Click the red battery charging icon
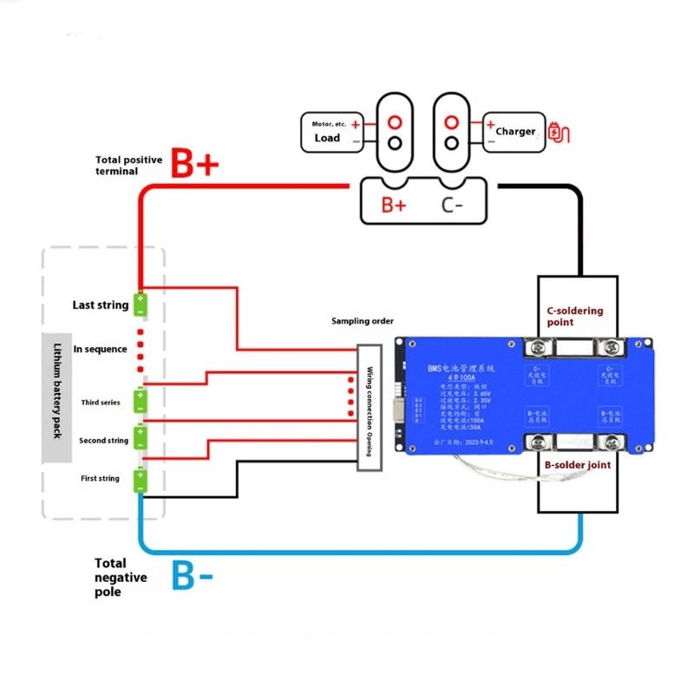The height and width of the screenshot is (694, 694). point(561,133)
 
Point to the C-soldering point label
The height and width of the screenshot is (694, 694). point(574,316)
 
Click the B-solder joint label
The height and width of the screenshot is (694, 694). point(577,465)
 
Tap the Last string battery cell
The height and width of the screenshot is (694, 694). point(140,304)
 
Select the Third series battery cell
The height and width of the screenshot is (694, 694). point(140,401)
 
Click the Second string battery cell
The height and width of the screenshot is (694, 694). point(140,435)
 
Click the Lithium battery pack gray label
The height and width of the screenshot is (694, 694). point(56,397)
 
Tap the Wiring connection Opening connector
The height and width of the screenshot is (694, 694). point(370,409)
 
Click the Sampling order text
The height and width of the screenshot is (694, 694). point(362,321)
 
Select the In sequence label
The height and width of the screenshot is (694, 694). point(100,349)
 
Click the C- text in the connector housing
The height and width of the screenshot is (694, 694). point(452,206)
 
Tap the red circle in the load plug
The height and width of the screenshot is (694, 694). point(395,121)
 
